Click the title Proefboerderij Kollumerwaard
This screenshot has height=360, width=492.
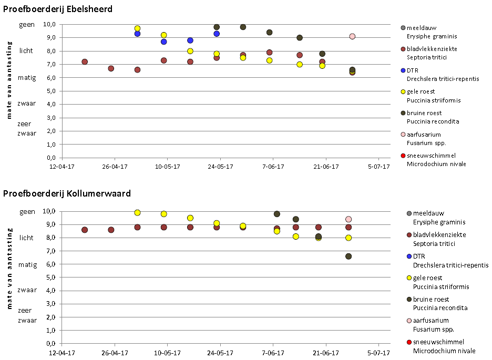coord(67,194)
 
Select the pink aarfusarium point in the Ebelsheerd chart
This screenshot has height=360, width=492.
coord(352,36)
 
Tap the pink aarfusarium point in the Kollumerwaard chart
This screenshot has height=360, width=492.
coord(348,219)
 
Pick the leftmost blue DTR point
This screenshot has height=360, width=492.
coord(137,34)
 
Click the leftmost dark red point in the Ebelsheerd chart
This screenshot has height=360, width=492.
coord(85,61)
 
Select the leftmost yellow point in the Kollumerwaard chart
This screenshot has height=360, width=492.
coord(137,213)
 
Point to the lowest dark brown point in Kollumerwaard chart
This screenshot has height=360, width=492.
coord(348,256)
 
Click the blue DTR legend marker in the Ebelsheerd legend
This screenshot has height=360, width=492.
coord(402,70)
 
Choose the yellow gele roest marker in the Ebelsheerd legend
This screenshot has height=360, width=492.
coord(402,91)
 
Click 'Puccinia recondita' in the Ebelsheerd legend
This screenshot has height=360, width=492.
coord(433,121)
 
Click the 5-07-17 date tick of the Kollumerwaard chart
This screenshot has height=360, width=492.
coord(378,353)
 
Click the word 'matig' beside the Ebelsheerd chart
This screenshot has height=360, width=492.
coord(27,77)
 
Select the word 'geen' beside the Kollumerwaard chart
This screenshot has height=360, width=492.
coord(27,211)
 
